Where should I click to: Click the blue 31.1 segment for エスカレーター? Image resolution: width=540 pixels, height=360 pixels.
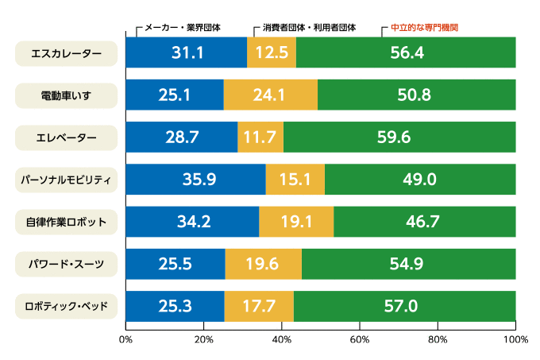[187, 52]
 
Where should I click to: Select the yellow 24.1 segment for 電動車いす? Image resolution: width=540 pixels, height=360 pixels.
[270, 95]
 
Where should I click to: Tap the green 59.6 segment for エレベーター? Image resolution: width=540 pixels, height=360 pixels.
[399, 137]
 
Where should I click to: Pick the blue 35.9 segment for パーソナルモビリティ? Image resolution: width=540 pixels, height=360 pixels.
[196, 179]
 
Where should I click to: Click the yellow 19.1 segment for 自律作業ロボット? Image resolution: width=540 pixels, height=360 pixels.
[296, 221]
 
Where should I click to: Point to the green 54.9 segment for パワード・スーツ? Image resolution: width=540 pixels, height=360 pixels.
[408, 263]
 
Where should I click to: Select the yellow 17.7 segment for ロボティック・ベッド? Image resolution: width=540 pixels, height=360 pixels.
[259, 305]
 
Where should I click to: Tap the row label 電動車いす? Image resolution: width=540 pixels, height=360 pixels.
[67, 95]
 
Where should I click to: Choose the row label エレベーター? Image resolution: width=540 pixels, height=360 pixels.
[67, 137]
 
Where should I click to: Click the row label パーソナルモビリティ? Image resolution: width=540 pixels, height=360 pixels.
[67, 180]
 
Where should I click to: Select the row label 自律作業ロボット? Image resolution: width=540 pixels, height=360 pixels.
[67, 222]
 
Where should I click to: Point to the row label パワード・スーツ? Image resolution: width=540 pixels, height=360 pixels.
[67, 264]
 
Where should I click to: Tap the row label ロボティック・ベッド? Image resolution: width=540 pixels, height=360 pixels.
[67, 306]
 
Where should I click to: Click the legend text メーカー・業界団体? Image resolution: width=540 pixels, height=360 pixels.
[182, 27]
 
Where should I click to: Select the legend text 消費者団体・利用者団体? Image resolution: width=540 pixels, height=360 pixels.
[309, 27]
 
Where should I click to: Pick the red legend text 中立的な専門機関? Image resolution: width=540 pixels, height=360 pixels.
[425, 27]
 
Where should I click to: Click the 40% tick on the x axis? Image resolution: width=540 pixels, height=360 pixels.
[282, 339]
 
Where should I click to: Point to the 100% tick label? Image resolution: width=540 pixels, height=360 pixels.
[515, 339]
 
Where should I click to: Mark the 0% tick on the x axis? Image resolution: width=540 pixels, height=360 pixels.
[125, 339]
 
